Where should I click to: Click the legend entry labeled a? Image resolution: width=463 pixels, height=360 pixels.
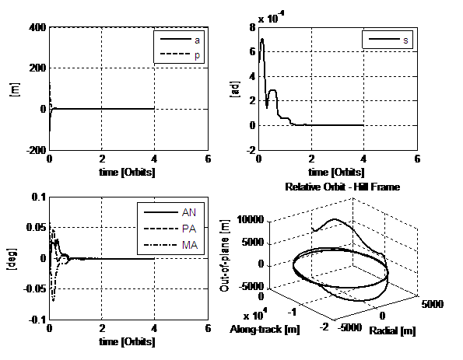(x=180, y=40)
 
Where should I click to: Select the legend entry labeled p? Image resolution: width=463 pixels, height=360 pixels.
(x=180, y=54)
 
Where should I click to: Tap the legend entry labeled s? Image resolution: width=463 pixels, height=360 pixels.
(x=388, y=39)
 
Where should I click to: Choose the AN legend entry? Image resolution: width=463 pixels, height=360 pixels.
(x=170, y=212)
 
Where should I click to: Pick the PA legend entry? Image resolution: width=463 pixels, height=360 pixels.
(x=170, y=229)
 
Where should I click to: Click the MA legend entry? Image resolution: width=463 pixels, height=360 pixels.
(x=170, y=245)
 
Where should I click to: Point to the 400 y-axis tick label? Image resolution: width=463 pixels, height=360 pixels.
(x=37, y=27)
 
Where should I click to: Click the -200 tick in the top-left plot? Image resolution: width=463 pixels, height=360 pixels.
(x=37, y=150)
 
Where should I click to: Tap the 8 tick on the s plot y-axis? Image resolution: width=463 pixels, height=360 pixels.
(x=252, y=28)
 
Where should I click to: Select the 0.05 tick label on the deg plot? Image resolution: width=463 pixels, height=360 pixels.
(x=37, y=227)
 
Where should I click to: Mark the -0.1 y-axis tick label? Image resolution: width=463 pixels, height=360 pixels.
(x=37, y=320)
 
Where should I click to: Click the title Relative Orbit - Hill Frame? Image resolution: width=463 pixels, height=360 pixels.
(x=342, y=187)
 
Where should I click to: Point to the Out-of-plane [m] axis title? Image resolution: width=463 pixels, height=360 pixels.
(x=224, y=256)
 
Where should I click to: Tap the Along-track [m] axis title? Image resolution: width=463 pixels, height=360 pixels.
(x=265, y=330)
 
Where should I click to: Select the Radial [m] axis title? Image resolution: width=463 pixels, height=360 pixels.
(x=392, y=330)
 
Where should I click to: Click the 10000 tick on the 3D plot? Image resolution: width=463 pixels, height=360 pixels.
(x=251, y=219)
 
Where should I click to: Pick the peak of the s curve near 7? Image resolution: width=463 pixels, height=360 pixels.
(x=262, y=39)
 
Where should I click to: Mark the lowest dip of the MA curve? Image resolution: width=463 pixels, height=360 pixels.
(x=53, y=301)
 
